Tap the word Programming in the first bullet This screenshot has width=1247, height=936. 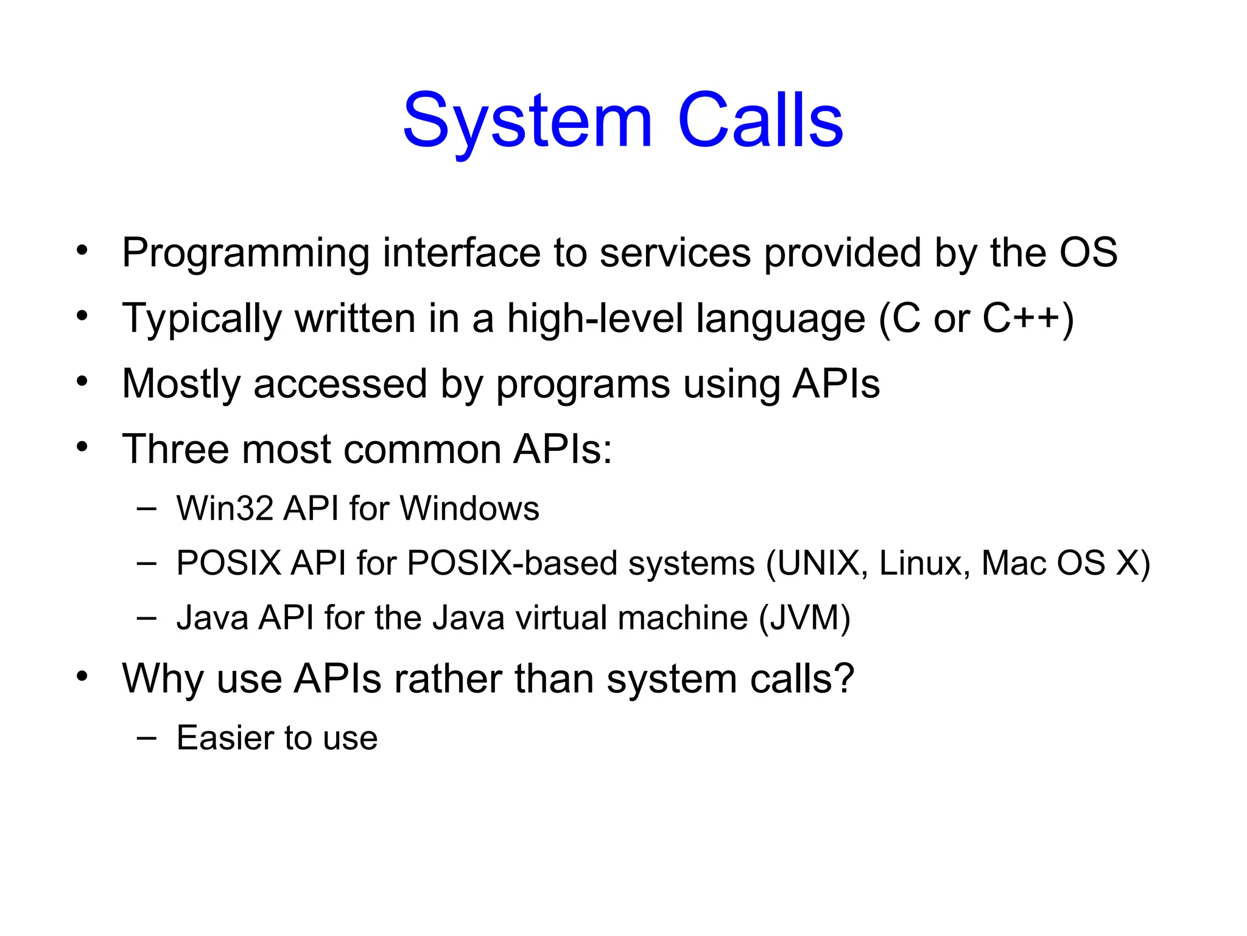tap(245, 253)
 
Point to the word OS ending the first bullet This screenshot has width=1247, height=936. tap(1088, 252)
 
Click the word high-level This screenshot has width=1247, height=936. tap(595, 319)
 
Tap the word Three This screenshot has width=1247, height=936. tap(175, 450)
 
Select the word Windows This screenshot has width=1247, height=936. tap(470, 508)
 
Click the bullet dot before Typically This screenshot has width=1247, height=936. tap(82, 316)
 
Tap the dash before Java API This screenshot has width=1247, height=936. tap(147, 618)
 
